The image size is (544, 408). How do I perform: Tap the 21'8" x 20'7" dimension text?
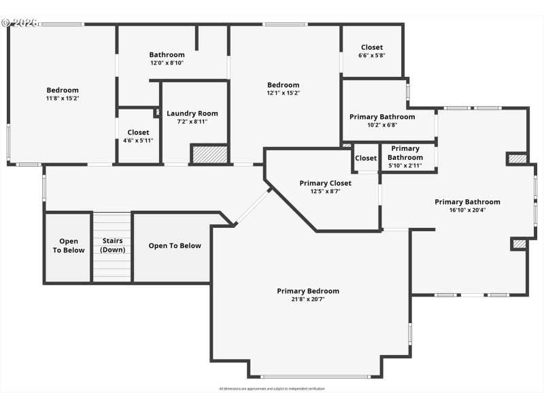point(307,299)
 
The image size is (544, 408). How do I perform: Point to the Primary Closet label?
point(325,183)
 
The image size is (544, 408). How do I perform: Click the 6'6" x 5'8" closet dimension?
point(372,56)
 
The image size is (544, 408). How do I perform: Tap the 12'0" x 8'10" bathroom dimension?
point(167,63)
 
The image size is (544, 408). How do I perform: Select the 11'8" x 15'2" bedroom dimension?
point(63,99)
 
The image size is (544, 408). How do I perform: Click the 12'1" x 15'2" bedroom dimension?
point(283,93)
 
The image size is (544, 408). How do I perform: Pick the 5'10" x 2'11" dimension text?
point(405,165)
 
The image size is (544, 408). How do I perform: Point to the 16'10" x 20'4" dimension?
point(467,210)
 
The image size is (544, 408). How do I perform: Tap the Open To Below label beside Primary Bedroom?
point(175,245)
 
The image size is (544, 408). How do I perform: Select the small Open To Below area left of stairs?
point(68,245)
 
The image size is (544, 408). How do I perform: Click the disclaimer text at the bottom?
point(272,389)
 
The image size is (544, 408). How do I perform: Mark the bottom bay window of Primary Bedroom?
point(316,377)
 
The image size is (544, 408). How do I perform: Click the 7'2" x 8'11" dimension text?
point(192,122)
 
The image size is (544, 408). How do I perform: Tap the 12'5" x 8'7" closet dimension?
point(325,191)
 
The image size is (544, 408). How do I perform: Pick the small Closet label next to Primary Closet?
point(366,158)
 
